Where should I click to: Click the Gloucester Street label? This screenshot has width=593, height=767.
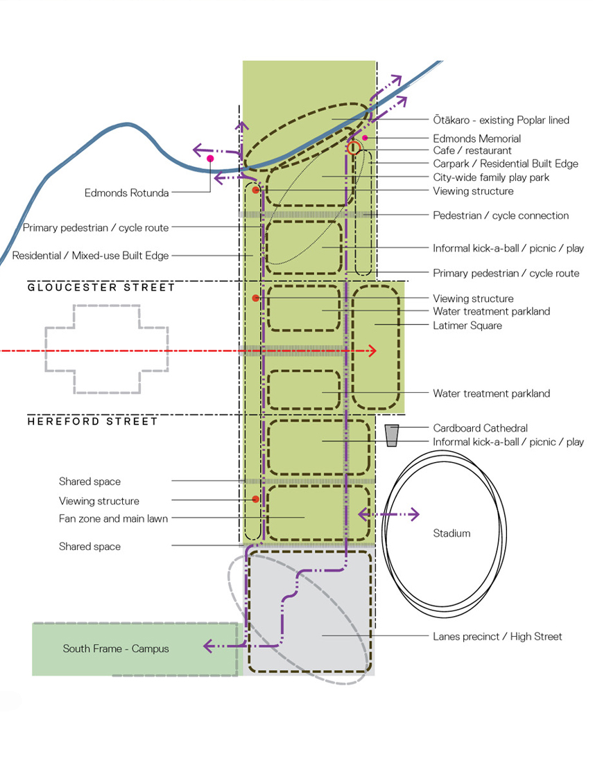101,288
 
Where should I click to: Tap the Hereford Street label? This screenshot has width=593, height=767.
93,421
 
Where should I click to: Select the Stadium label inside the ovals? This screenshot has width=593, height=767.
452,534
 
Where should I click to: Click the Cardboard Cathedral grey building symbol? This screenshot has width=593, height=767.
393,434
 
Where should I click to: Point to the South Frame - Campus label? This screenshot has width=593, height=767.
116,649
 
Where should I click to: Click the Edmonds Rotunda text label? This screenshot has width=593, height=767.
127,193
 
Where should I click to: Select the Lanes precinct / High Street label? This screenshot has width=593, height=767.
497,636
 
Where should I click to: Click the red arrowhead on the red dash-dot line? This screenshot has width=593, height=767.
372,351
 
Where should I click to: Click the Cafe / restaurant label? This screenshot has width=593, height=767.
472,150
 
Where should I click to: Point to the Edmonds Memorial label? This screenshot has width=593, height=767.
476,139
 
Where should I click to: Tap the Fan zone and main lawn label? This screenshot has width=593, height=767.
113,518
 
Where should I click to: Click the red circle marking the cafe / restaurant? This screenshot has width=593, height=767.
354,147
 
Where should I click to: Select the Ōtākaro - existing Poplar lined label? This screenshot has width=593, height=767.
501,121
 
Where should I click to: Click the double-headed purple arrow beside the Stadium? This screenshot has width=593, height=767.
388,514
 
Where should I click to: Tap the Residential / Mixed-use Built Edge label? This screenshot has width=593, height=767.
90,256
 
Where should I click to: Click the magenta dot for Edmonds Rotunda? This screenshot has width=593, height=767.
210,159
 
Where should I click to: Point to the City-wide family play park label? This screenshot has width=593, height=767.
491,177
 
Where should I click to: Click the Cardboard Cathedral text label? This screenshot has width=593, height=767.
480,428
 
